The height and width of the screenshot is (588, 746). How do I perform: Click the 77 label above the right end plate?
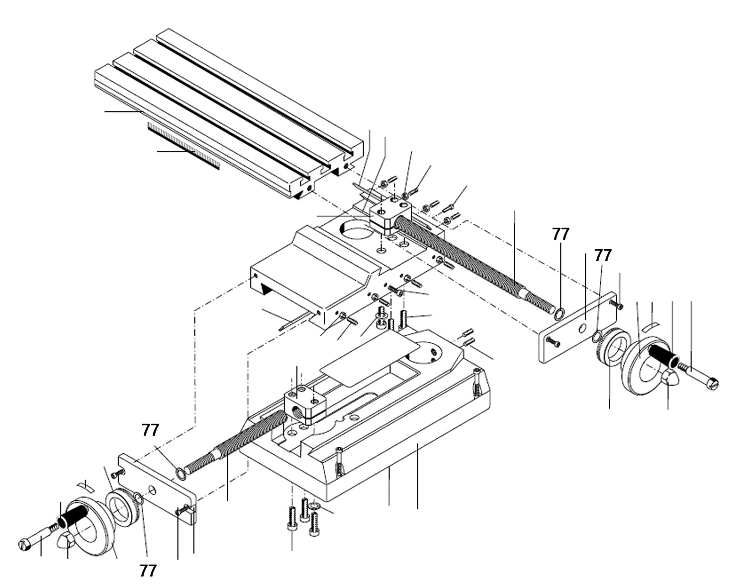point(603,256)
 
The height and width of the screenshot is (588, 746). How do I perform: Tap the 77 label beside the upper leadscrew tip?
point(560,234)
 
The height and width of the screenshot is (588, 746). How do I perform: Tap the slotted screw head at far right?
point(713,384)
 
